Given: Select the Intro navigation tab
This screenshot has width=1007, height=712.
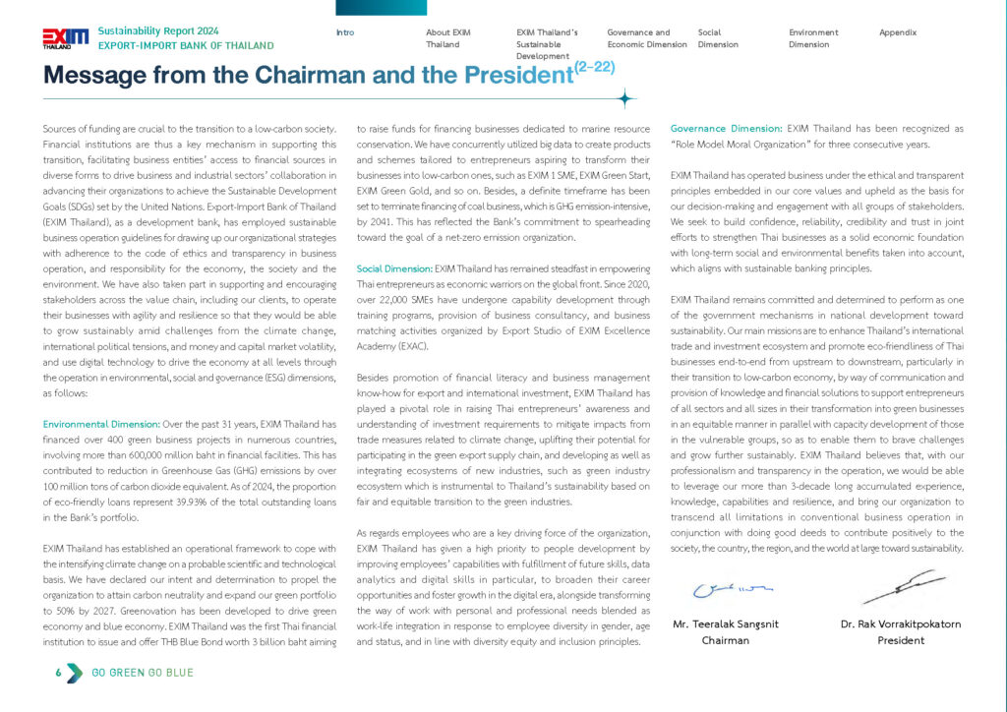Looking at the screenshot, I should pos(345,32).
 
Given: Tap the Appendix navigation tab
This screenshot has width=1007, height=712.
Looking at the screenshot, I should pos(898,32).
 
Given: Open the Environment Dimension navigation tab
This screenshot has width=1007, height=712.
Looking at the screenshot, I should pos(813,38).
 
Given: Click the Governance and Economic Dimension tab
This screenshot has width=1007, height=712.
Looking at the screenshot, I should pos(638,38).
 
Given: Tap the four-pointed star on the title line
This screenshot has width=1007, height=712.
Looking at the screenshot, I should pos(625,98).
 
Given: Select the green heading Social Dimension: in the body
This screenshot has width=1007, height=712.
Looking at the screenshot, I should pos(394,267).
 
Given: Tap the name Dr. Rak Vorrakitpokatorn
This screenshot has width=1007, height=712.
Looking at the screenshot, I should pos(901,623).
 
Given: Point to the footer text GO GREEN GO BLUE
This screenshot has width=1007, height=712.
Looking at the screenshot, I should pos(143,673).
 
